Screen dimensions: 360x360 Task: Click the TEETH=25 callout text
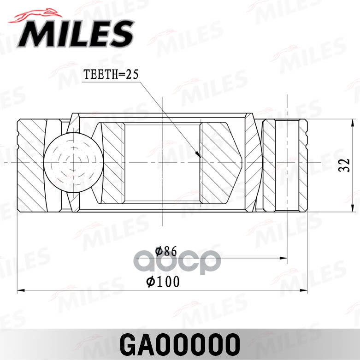coord(111,75)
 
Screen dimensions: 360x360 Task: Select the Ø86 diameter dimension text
coord(166,251)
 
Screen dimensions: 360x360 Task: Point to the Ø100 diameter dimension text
coord(163,281)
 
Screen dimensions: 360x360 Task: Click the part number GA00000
coord(180,343)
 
